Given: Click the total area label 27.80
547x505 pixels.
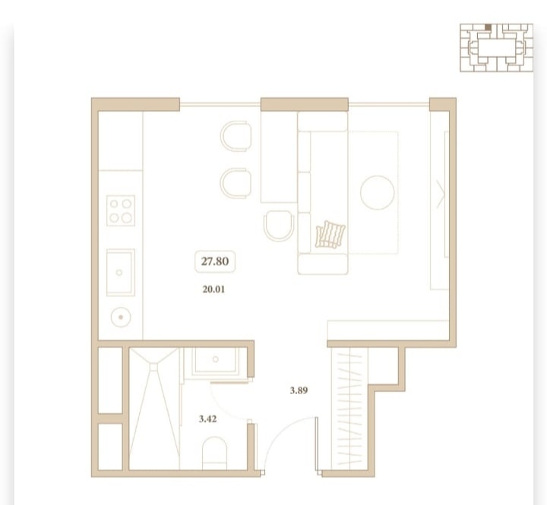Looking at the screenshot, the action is (x=215, y=261).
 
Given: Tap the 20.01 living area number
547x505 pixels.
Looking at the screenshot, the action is (x=213, y=289).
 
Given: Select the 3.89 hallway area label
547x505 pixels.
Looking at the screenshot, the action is (x=299, y=390).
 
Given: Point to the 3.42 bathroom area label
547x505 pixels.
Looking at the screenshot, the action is (x=207, y=418).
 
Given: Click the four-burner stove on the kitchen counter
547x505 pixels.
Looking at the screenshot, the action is (x=121, y=210).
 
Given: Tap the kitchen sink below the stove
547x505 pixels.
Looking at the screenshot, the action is (x=121, y=273).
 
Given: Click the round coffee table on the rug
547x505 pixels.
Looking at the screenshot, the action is (x=377, y=193).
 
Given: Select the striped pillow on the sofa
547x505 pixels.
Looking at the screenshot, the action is (x=330, y=235).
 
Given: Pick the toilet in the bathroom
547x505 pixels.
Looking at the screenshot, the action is (x=214, y=453).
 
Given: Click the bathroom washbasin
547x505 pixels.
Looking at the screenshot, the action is (x=215, y=360).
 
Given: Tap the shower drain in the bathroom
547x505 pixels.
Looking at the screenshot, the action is (x=153, y=367).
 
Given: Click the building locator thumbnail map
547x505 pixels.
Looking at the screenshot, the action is (x=496, y=48).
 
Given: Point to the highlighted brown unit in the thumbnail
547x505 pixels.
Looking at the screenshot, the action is (x=488, y=27).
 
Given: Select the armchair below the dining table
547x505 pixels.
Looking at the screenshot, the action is (x=279, y=226).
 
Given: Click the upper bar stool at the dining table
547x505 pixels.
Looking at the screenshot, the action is (x=236, y=136).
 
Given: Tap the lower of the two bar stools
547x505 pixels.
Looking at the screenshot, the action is (x=236, y=183).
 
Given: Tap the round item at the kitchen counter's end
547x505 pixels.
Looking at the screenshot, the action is (x=121, y=317).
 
